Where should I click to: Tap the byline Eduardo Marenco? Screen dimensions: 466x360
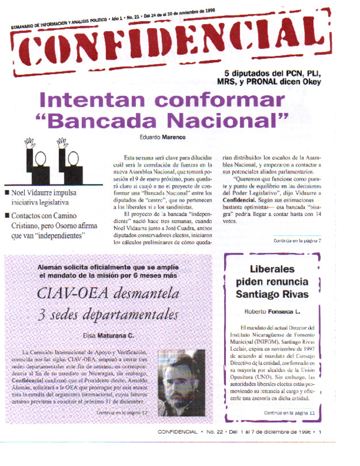[162, 137]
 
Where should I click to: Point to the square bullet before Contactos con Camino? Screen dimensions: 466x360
[6, 215]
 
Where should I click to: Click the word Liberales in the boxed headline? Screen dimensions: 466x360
[272, 270]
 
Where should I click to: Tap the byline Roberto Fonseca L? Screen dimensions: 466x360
[272, 312]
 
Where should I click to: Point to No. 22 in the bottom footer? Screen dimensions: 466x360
[216, 431]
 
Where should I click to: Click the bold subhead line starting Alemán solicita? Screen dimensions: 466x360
[113, 267]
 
